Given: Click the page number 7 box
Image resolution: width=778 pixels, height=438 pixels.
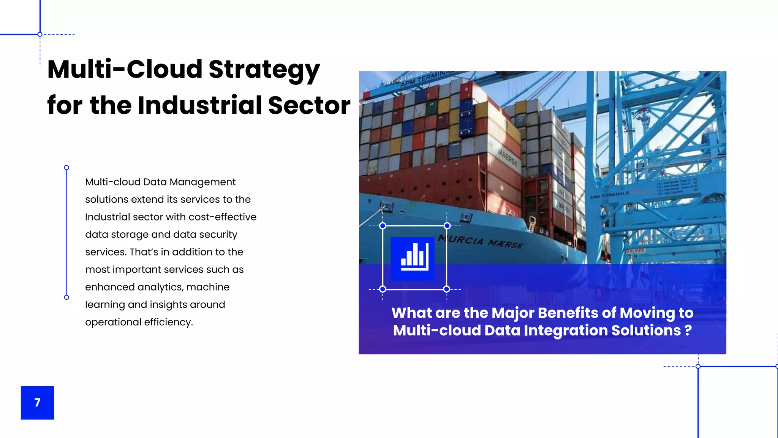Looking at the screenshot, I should click(37, 403).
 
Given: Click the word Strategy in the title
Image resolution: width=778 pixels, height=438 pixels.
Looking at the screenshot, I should click(264, 70).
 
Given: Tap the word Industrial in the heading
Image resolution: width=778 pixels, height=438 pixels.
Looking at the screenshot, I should click(200, 105).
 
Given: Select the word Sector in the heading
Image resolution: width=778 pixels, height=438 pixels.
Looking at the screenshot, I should click(309, 105).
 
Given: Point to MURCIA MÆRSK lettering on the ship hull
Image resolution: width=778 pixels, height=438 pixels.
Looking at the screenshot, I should click(481, 241).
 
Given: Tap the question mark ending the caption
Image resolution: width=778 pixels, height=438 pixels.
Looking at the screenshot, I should click(688, 330).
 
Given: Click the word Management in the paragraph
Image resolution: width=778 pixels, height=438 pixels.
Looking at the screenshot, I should click(202, 182).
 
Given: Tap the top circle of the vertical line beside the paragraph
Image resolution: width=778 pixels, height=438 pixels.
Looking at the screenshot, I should click(66, 168).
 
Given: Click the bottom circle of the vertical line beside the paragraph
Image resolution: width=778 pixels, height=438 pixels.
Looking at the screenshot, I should click(66, 297).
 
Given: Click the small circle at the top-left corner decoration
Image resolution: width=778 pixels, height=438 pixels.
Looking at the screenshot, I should click(40, 35).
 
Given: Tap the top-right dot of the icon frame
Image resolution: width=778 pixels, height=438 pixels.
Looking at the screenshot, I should click(447, 226).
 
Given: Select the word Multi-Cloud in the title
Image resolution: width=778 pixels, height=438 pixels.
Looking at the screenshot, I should click(125, 70).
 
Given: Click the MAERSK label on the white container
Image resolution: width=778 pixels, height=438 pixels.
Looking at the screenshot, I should click(508, 157).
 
